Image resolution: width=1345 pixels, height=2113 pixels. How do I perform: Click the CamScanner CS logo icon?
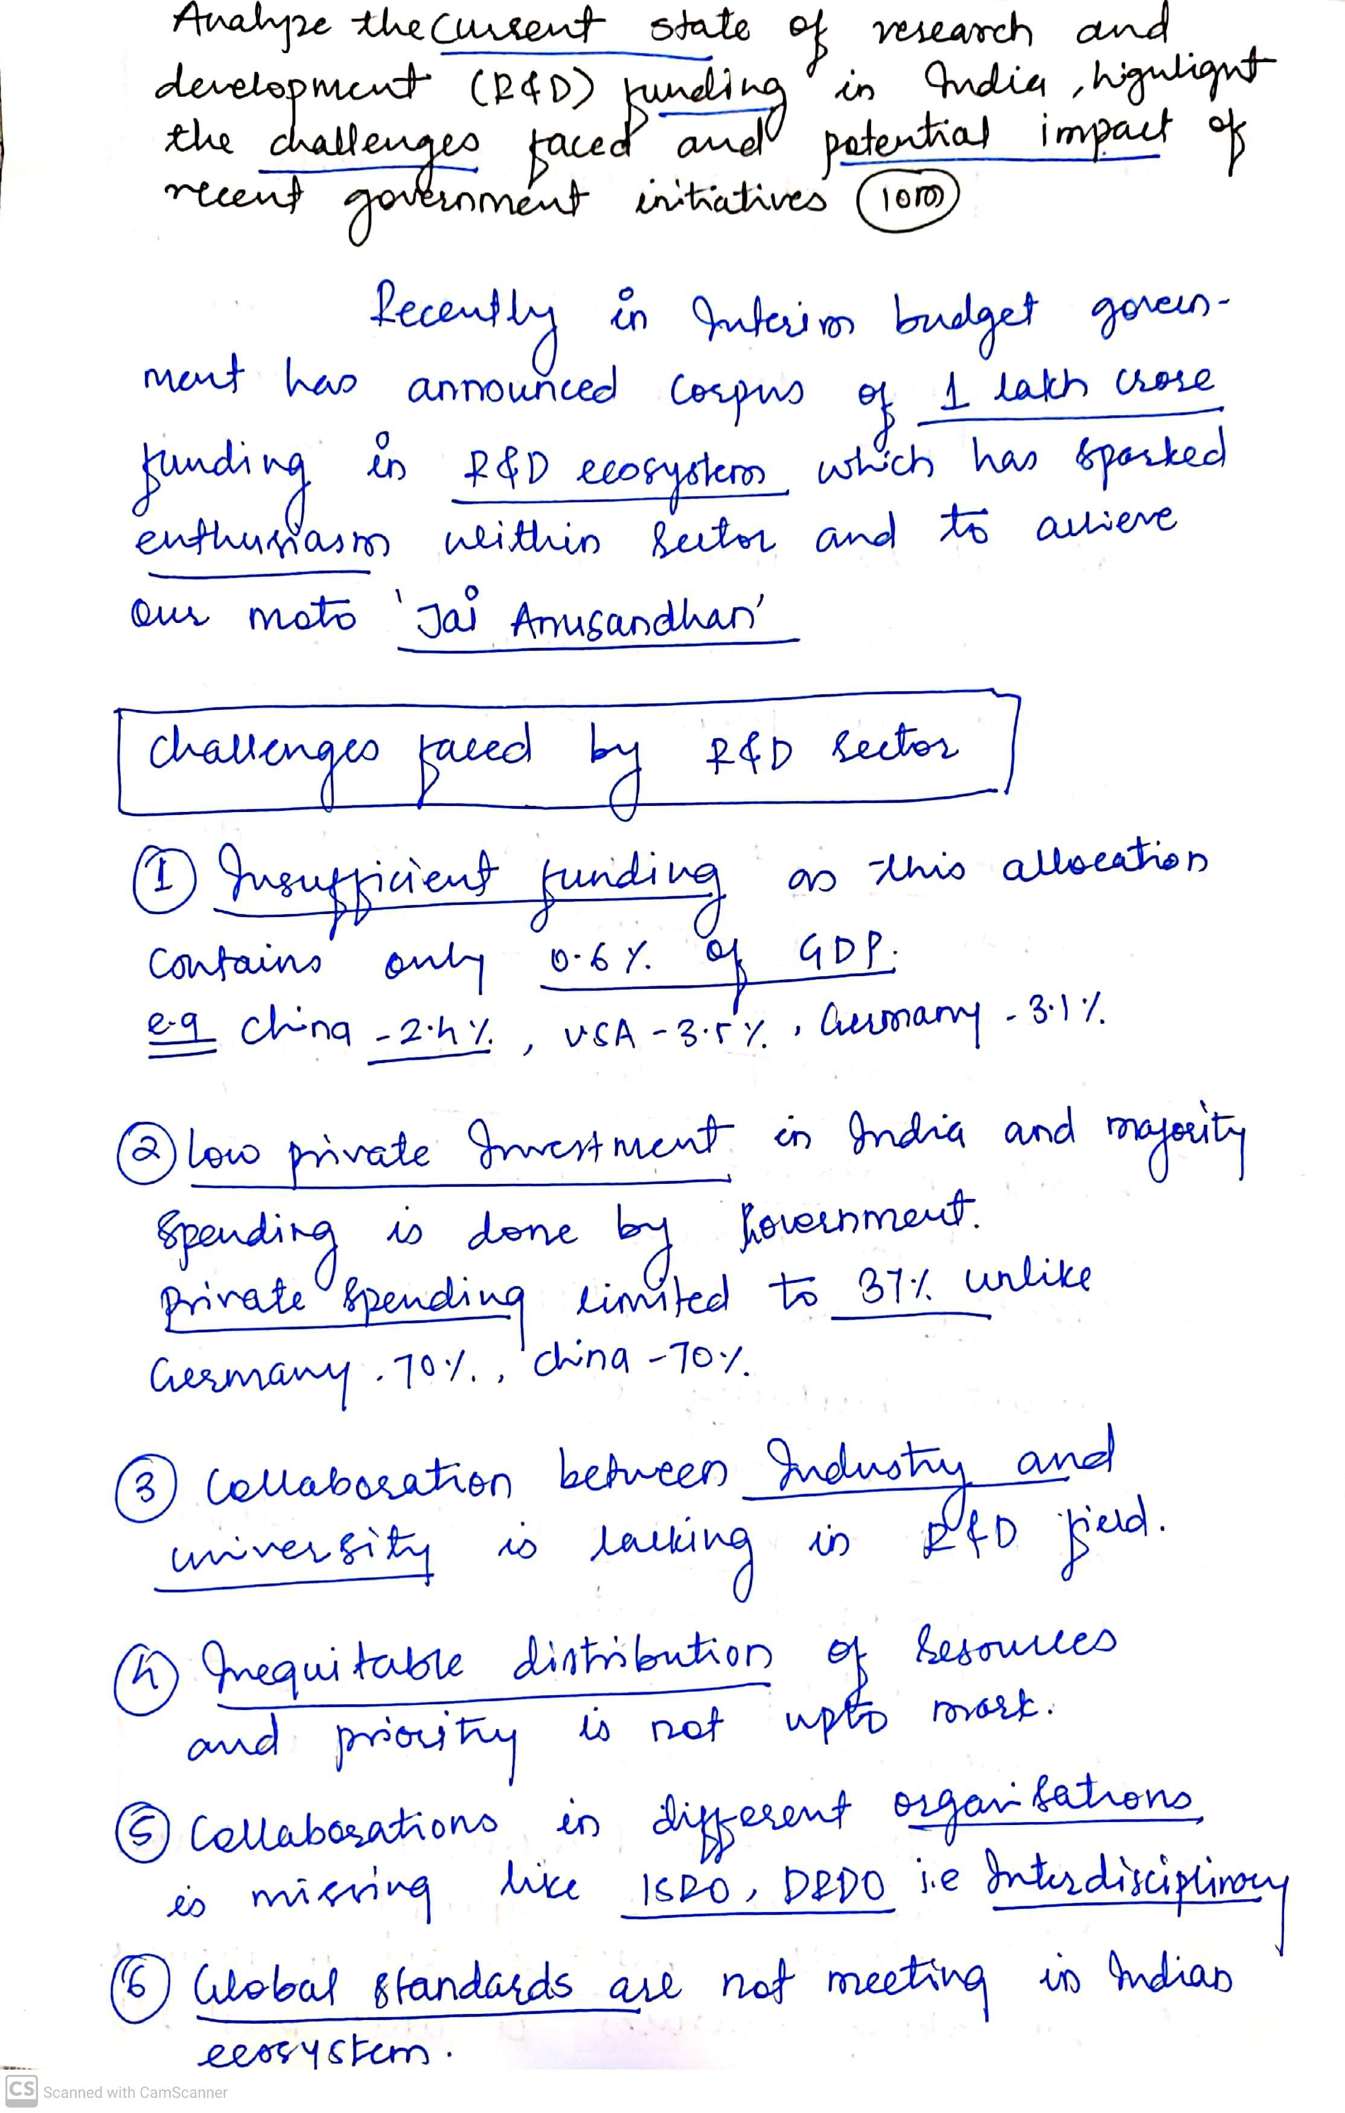21,2091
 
